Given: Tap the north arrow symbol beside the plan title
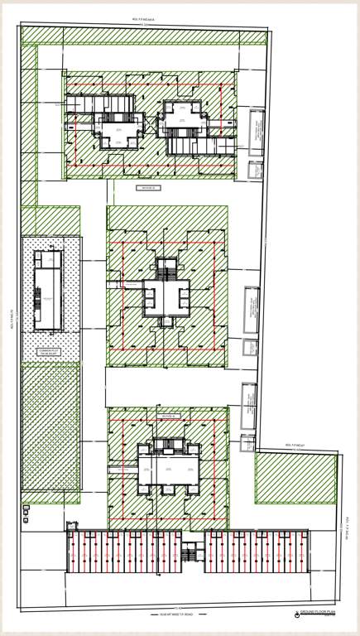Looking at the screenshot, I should click(x=295, y=613).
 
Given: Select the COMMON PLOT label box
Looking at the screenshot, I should click(x=50, y=352).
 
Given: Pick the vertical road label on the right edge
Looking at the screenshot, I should click(x=344, y=530).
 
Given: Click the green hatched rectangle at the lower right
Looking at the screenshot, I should click(x=295, y=478).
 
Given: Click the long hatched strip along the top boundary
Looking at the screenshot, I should click(x=144, y=36).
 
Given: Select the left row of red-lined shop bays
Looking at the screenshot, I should click(x=124, y=552).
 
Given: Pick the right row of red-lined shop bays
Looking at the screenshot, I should click(x=257, y=552).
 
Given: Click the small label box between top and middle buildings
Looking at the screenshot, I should click(x=146, y=188).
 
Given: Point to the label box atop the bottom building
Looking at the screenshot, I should click(x=169, y=416).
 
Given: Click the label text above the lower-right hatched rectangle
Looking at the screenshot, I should click(x=295, y=446).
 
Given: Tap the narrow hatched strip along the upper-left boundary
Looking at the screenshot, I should click(x=29, y=124).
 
